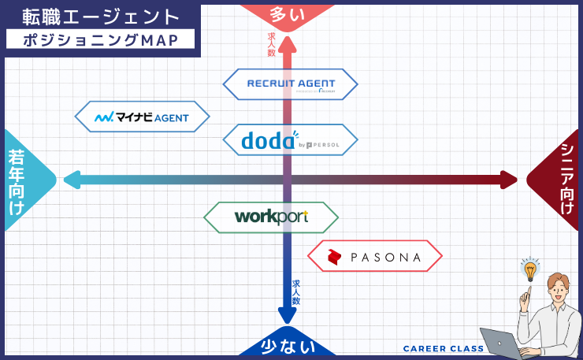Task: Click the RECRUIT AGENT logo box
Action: click(291, 84)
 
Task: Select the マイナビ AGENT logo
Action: click(143, 117)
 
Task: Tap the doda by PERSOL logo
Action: click(290, 140)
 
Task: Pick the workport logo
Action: click(271, 217)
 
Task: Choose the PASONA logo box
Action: click(374, 256)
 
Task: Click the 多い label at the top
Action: click(288, 13)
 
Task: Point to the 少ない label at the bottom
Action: click(288, 347)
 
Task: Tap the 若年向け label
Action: click(17, 180)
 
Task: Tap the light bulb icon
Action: click(530, 269)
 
